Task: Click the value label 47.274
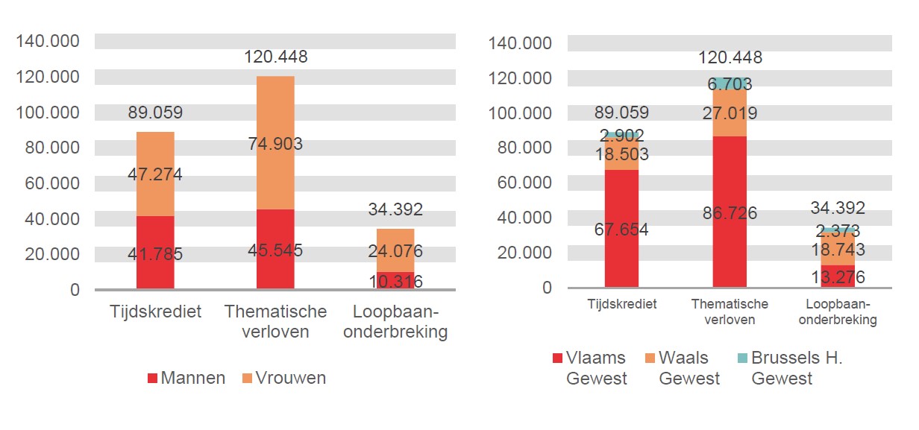[155, 175]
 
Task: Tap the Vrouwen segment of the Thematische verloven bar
[275, 143]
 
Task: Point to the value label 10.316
[395, 281]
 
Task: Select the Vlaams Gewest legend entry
[589, 368]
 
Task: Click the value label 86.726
[730, 214]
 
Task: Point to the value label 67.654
[621, 230]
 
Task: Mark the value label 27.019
[730, 113]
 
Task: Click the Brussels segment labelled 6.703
[730, 83]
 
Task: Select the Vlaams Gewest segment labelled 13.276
[838, 276]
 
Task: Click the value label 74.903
[275, 144]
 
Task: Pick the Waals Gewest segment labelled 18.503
[621, 155]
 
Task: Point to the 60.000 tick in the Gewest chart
[521, 183]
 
